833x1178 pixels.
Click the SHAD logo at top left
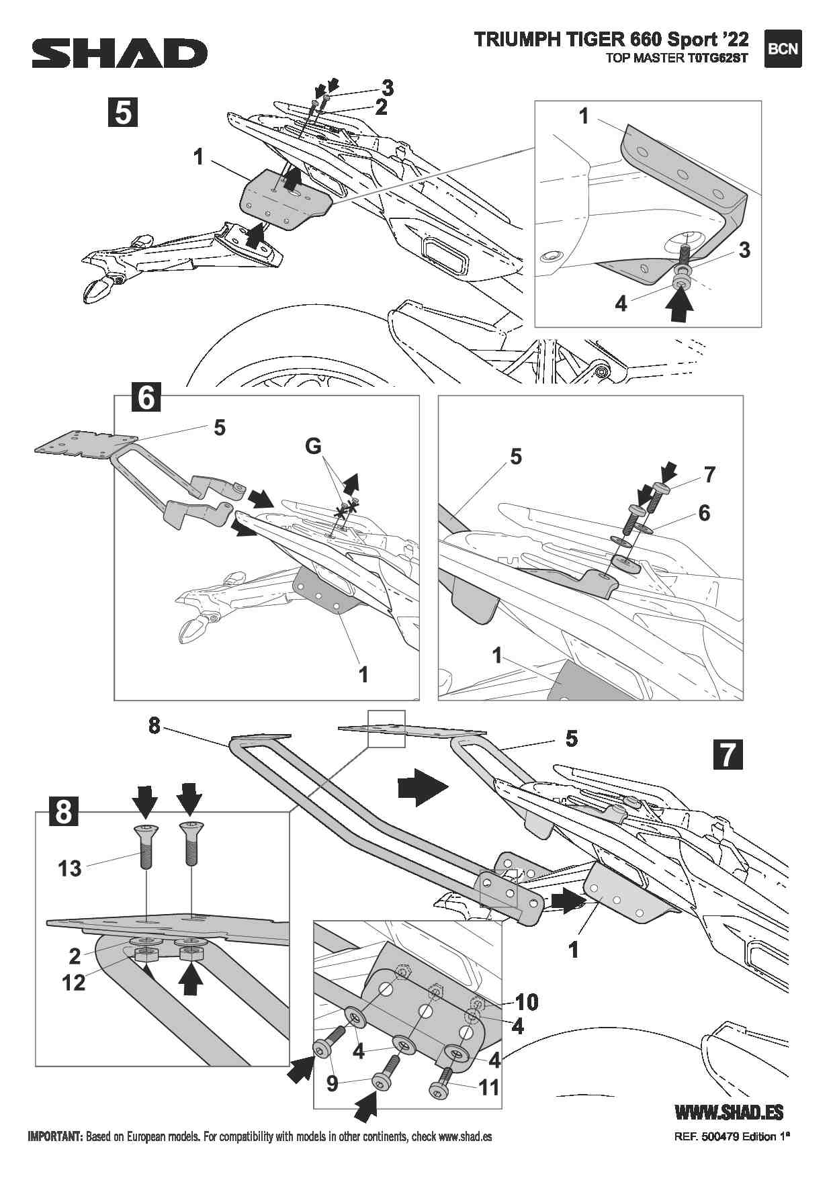(120, 53)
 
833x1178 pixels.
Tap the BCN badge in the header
(783, 49)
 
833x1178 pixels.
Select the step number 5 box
(123, 111)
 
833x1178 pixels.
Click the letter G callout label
(313, 447)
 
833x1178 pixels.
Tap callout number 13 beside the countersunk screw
(69, 868)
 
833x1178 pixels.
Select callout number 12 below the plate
(73, 983)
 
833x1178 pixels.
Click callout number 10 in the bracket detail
(527, 1002)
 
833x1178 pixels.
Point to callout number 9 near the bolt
(333, 1083)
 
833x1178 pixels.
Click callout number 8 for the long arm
(155, 726)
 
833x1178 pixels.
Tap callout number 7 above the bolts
(709, 475)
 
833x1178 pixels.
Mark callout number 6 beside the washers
(703, 513)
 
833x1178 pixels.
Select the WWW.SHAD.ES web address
(728, 1112)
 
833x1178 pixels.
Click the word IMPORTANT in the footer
(54, 1137)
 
